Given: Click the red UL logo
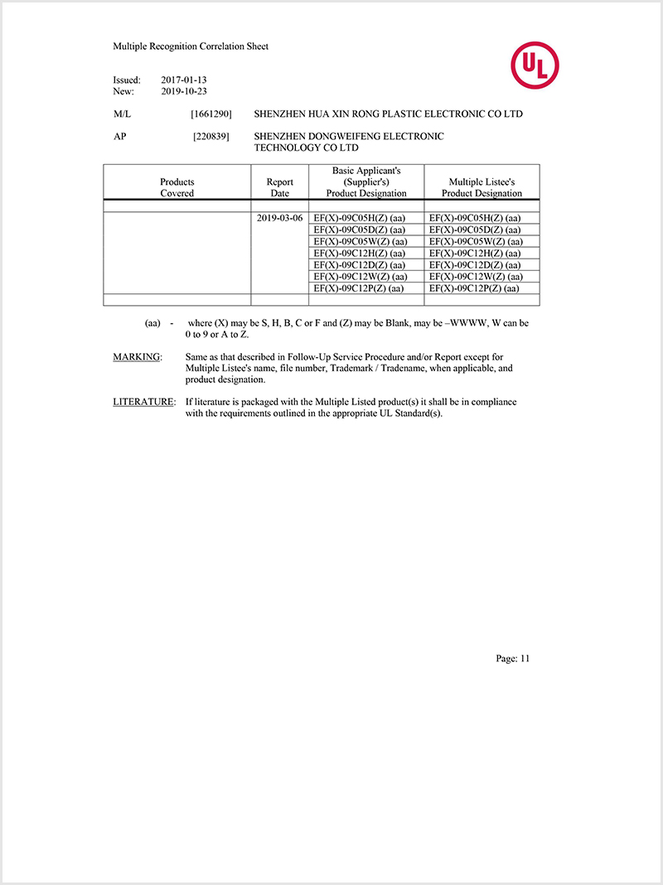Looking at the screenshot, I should (535, 65).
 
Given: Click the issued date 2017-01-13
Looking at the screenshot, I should (183, 80).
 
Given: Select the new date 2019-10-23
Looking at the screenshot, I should (183, 91).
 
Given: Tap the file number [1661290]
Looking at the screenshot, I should (211, 114).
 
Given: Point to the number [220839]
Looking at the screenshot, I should (211, 137).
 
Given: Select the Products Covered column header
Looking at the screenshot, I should (177, 187).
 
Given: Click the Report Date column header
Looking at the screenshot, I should (279, 187).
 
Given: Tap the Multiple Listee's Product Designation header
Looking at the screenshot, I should (482, 187).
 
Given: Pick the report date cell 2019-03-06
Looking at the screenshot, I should (280, 218).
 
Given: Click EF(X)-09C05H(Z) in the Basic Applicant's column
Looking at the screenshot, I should (359, 218).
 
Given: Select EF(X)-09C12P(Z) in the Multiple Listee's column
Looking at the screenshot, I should (474, 288).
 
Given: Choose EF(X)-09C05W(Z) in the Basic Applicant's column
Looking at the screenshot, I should (360, 241).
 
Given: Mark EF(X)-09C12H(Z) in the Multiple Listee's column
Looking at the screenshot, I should (475, 253).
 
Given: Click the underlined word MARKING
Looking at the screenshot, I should (138, 357).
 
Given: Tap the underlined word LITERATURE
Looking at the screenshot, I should (143, 402).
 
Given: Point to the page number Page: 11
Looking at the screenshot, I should (512, 659).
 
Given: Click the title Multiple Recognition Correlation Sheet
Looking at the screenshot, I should (191, 46).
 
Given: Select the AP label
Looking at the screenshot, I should (119, 137).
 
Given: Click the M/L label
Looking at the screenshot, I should (122, 114).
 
